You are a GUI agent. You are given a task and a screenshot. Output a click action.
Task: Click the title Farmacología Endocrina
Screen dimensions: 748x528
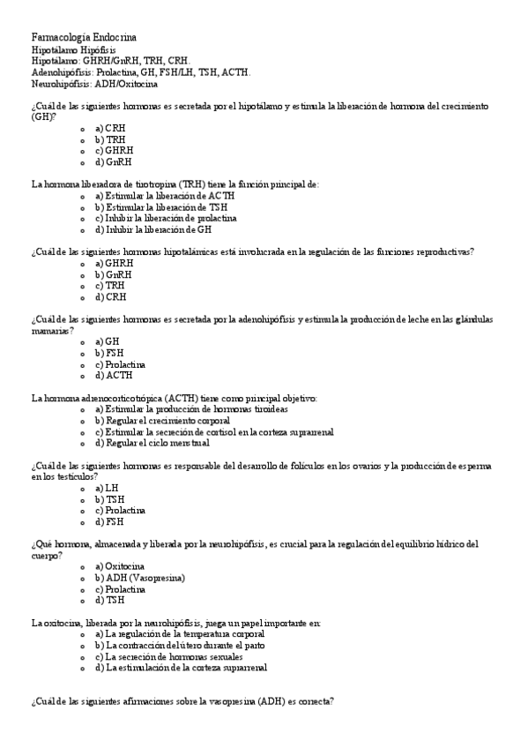[x=85, y=37]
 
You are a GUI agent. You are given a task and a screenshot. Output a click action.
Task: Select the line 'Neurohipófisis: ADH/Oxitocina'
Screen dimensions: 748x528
[x=95, y=84]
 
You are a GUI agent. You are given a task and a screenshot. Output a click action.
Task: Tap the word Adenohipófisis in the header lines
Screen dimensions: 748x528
[x=61, y=72]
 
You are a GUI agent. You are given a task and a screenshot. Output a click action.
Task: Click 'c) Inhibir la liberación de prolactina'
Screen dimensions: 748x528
[x=166, y=218]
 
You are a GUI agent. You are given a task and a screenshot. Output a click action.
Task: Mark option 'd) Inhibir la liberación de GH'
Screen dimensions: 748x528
[x=153, y=229]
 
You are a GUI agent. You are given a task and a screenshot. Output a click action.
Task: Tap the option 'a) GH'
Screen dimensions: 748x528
[x=107, y=341]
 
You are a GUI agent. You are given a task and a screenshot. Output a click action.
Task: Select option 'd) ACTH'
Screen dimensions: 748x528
[x=113, y=376]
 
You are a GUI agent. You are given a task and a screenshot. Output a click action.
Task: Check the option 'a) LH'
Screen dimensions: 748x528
[x=105, y=488]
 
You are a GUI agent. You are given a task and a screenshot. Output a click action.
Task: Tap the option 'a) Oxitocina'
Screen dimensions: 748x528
[x=121, y=566]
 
